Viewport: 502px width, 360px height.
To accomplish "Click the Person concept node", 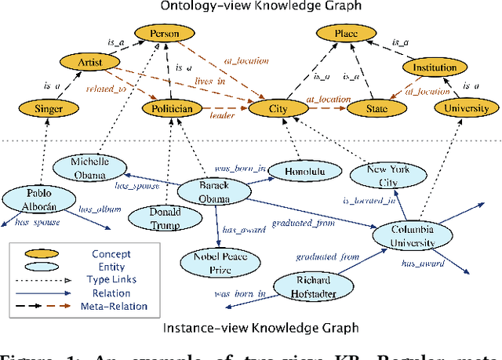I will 165,34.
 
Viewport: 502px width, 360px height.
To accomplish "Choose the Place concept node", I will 344,34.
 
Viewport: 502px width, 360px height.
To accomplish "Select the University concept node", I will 466,108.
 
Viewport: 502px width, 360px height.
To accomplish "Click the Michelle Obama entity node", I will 89,168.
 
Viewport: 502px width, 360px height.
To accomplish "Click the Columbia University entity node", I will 413,235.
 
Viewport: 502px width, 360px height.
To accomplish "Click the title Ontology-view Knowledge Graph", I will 250,7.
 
